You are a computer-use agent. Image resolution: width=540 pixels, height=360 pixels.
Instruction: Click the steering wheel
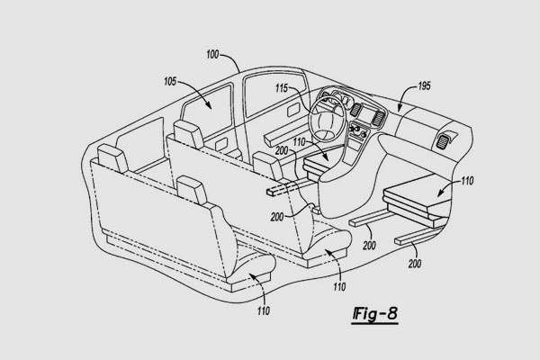(x=325, y=116)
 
